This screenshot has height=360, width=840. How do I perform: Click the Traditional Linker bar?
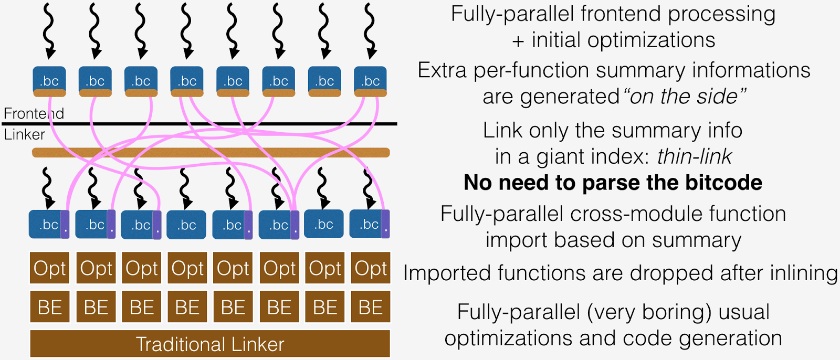click(210, 344)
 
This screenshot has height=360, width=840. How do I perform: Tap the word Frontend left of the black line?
click(34, 113)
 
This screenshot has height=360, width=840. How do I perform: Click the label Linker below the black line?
click(24, 134)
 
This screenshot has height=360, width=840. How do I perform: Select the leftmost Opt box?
click(49, 268)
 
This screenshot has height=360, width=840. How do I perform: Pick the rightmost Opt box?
click(371, 268)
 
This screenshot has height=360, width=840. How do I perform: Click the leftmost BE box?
click(49, 307)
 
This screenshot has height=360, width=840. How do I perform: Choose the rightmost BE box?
click(371, 307)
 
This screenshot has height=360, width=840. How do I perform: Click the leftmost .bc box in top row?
click(49, 81)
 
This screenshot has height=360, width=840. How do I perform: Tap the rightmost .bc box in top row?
click(371, 81)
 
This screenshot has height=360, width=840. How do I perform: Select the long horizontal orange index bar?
click(210, 153)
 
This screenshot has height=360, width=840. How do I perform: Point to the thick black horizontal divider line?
click(210, 124)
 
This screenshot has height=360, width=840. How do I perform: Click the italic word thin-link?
click(694, 156)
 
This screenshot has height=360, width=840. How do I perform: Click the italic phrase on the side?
click(684, 97)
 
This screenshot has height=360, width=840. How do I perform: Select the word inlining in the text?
click(803, 273)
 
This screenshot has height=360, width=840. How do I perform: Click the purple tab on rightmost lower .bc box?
click(385, 224)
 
